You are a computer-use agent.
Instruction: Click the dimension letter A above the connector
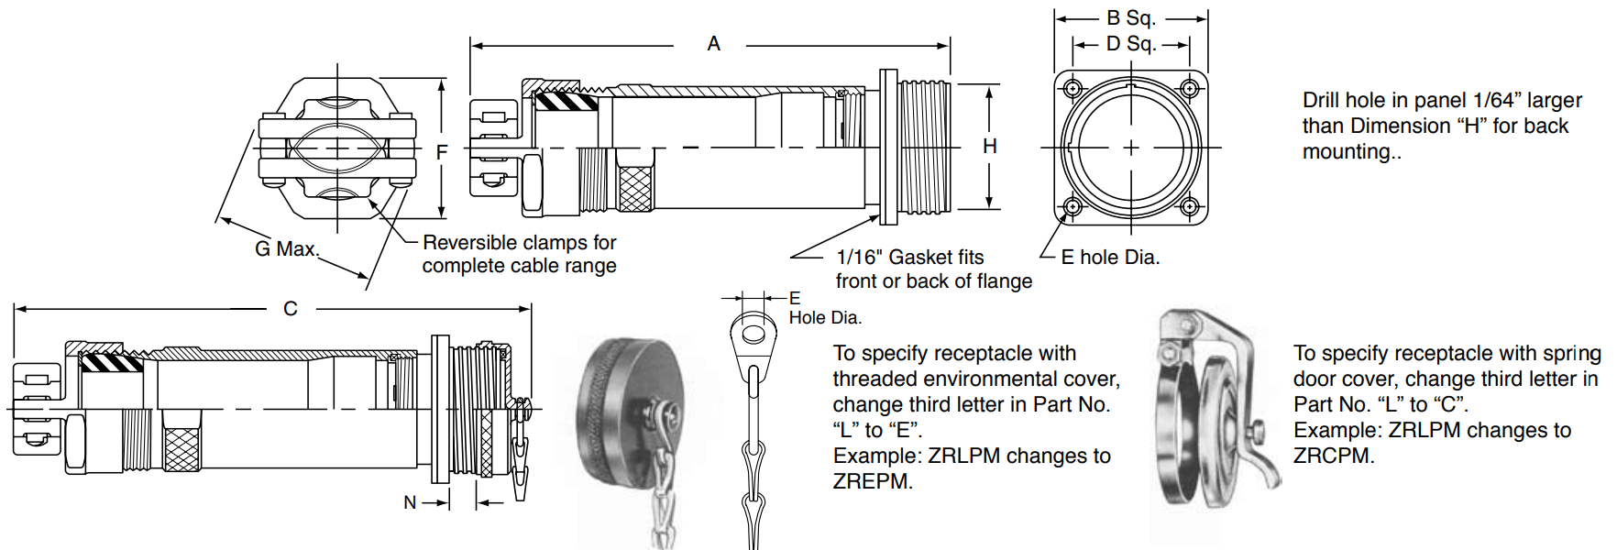(713, 43)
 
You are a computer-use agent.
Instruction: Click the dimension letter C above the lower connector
(291, 309)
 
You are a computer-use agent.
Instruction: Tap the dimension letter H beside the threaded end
(990, 146)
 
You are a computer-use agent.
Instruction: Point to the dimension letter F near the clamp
(442, 152)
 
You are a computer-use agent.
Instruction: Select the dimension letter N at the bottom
(410, 502)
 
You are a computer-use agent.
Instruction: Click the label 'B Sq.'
(1130, 17)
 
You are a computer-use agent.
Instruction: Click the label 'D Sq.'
(1130, 43)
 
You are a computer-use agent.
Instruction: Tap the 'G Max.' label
(286, 248)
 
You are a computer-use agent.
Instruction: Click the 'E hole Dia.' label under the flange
(1110, 258)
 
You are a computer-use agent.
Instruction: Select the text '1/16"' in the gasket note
(859, 258)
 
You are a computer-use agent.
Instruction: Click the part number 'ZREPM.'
(873, 481)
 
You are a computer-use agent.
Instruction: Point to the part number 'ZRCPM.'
(1334, 456)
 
